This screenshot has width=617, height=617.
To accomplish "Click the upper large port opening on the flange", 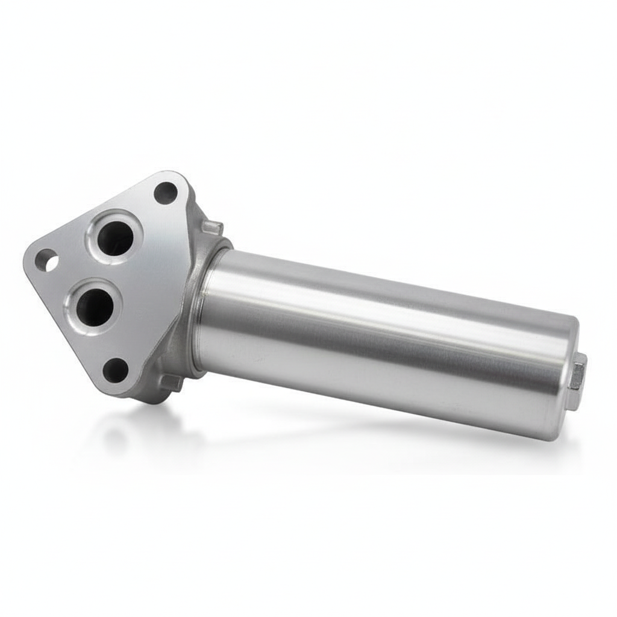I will coord(114,237).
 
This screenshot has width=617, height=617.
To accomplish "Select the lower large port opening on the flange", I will coord(95,306).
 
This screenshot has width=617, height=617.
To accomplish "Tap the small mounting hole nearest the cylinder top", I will coord(166,192).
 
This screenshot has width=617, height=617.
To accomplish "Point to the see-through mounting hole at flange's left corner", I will coord(46,261).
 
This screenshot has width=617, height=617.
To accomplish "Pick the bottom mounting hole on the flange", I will coord(115,370).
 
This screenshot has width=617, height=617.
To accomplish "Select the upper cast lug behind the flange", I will coord(213,227).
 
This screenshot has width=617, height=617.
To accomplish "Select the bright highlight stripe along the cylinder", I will coord(386,310).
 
